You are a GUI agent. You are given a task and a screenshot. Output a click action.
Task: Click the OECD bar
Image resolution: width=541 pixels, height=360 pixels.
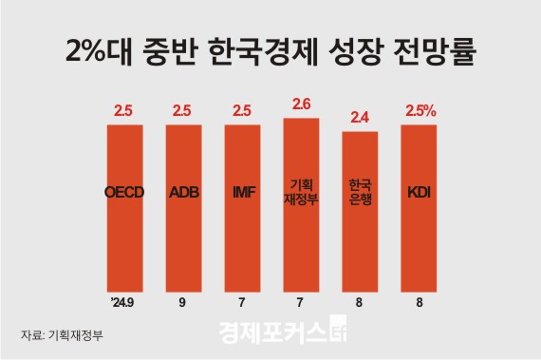pyautogui.click(x=123, y=209)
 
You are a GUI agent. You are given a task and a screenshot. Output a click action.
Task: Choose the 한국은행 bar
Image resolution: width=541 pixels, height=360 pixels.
pyautogui.click(x=360, y=214)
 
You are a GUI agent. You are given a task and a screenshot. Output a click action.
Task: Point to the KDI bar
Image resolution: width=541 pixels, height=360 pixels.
pyautogui.click(x=419, y=209)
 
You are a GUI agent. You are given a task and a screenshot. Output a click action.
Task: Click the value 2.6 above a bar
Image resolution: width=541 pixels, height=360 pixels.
pyautogui.click(x=301, y=104)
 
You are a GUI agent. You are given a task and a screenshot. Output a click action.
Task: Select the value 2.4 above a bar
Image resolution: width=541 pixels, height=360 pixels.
pyautogui.click(x=360, y=118)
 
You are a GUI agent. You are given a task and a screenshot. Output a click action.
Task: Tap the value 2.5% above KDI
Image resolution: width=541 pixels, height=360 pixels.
pyautogui.click(x=420, y=111)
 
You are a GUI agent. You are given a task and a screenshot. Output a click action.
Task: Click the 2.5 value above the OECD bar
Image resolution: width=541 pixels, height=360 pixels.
pyautogui.click(x=123, y=111)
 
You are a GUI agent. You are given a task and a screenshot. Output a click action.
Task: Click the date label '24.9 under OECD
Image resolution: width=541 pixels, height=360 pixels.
pyautogui.click(x=123, y=303)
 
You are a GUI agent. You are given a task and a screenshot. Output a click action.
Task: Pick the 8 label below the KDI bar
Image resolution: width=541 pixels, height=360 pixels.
pyautogui.click(x=419, y=303)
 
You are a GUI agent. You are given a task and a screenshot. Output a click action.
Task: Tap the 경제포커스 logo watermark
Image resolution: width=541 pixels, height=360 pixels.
pyautogui.click(x=285, y=334)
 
